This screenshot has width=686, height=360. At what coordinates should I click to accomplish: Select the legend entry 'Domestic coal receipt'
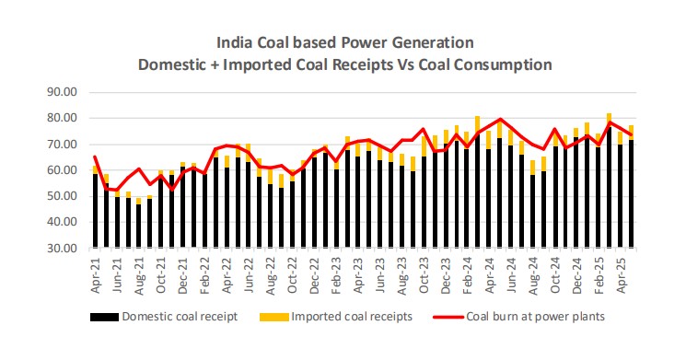[178, 317]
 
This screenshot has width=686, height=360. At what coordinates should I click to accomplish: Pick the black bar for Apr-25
[632, 193]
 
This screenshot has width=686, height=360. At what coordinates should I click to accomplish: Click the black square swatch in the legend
[100, 317]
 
